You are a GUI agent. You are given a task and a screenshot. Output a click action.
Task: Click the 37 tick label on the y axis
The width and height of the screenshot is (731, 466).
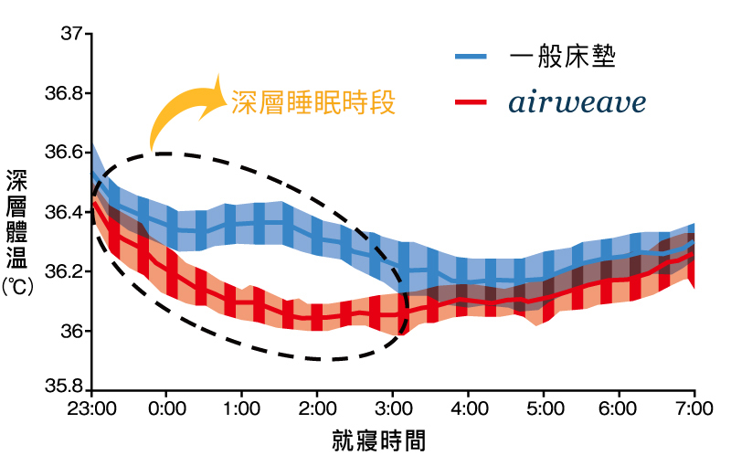point(70,35)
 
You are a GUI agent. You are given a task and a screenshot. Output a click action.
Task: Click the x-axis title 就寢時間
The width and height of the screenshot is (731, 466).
point(378,442)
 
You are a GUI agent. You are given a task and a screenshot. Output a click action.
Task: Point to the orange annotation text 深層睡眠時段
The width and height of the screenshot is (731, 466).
point(313,101)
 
